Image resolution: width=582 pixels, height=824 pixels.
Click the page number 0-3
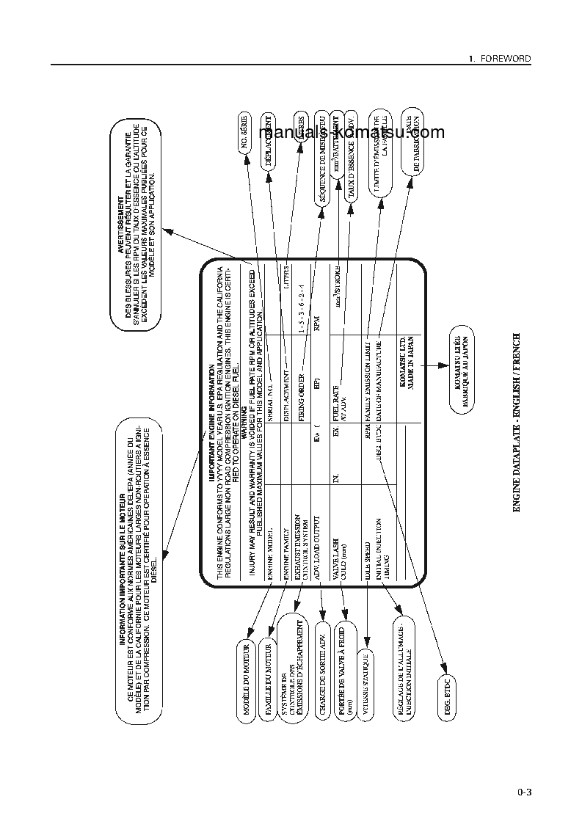click(524, 792)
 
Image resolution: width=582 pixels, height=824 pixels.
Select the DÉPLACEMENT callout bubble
click(269, 142)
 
